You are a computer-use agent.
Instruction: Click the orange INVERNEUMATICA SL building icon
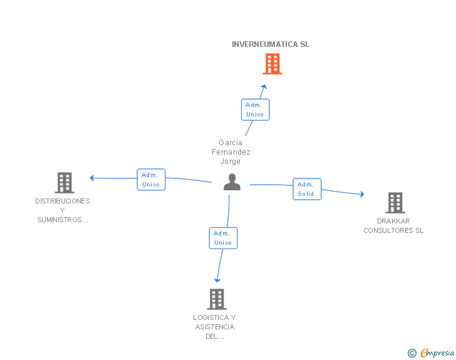coord(272,64)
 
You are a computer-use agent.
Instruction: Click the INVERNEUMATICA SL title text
coord(271,44)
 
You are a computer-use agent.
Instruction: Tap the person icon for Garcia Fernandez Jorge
coord(232,182)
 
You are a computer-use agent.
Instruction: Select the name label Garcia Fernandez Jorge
coord(231,152)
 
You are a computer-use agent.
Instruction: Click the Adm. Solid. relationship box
coord(307,189)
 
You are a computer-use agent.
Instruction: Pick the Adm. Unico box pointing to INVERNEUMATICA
coord(255,110)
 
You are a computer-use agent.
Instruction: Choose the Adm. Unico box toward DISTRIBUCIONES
coord(151,180)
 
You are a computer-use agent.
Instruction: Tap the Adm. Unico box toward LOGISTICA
coord(223,238)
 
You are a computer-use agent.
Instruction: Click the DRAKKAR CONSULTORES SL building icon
coord(395,203)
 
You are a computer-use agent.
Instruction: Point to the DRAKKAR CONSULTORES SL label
coord(393,225)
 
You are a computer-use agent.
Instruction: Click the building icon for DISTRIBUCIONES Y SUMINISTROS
coord(64,183)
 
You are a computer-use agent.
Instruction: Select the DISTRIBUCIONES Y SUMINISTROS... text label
coord(63,210)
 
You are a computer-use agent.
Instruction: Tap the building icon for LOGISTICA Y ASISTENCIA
coord(216,299)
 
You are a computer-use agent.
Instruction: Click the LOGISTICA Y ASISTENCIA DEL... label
coord(214,327)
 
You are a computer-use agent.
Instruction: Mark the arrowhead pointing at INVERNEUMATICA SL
coord(264,87)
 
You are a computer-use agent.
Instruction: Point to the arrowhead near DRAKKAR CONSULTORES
coord(361,195)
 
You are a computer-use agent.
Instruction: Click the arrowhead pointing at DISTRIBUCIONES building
coord(92,178)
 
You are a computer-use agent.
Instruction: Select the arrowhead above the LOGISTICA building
coord(217,280)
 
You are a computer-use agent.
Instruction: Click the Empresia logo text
coord(438,352)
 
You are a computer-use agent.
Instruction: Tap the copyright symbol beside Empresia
coord(412,353)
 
